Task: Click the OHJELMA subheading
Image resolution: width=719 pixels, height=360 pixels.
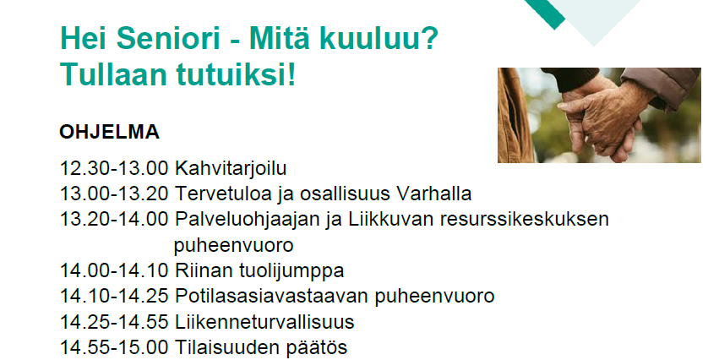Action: pyautogui.click(x=109, y=132)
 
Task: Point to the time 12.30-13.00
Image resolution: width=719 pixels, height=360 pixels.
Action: pyautogui.click(x=114, y=168)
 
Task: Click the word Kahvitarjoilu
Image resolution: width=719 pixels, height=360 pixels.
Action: pyautogui.click(x=231, y=168)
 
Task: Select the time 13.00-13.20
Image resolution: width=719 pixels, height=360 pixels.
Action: pyautogui.click(x=114, y=194)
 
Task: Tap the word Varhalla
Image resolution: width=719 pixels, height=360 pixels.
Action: pyautogui.click(x=433, y=194)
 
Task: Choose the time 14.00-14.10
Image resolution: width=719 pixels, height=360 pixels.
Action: pyautogui.click(x=114, y=270)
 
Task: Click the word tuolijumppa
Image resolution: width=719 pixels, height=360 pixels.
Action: pyautogui.click(x=291, y=271)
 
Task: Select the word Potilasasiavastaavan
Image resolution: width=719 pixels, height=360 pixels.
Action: pyautogui.click(x=272, y=297)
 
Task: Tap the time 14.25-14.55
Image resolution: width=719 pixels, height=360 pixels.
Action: pyautogui.click(x=114, y=322)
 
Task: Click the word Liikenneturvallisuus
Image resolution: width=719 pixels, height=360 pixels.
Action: pyautogui.click(x=264, y=322)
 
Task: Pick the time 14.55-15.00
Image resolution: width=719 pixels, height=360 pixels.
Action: pyautogui.click(x=114, y=347)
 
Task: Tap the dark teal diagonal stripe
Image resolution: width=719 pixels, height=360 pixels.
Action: pyautogui.click(x=545, y=14)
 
